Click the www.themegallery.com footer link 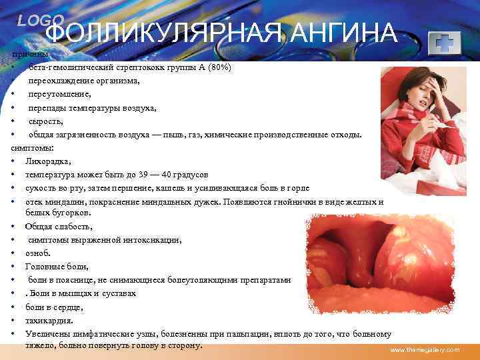tap(425, 350)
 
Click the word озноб tap(38, 253)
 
